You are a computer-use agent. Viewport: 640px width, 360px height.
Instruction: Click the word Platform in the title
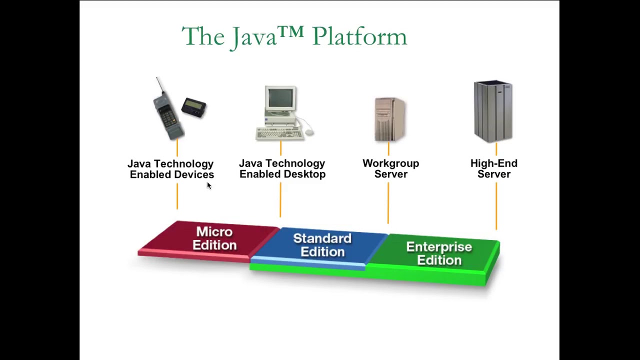pyautogui.click(x=359, y=37)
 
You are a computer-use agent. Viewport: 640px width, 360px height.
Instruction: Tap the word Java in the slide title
pyautogui.click(x=254, y=37)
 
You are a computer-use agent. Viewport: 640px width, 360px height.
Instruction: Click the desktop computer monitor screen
pyautogui.click(x=280, y=98)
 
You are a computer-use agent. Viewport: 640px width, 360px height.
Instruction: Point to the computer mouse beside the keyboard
pyautogui.click(x=309, y=132)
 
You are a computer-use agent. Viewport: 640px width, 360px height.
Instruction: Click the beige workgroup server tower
pyautogui.click(x=389, y=119)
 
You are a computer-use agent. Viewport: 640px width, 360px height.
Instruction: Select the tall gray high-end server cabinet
pyautogui.click(x=493, y=111)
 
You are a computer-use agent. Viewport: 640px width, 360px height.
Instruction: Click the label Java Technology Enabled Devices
pyautogui.click(x=171, y=169)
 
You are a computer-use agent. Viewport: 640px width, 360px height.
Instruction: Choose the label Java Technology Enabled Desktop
pyautogui.click(x=282, y=168)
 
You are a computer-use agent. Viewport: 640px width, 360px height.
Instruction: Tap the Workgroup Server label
pyautogui.click(x=390, y=168)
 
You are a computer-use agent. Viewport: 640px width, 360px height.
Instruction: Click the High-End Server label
pyautogui.click(x=493, y=168)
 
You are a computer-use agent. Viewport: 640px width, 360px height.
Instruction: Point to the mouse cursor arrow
pyautogui.click(x=208, y=185)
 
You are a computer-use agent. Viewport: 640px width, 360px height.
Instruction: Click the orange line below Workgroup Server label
pyautogui.click(x=388, y=202)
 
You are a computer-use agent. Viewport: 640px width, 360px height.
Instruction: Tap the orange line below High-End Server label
pyautogui.click(x=496, y=205)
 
